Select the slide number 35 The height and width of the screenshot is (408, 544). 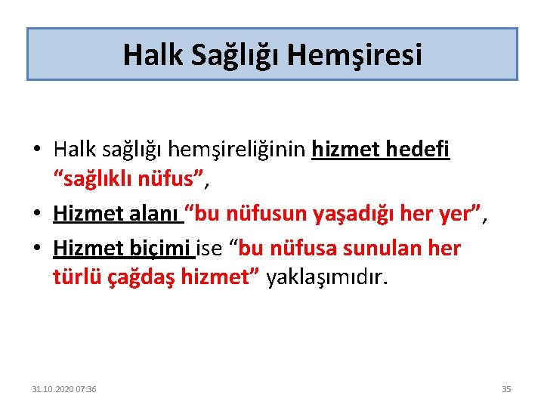506,389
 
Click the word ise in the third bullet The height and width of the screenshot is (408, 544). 212,249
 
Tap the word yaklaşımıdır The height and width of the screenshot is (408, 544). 326,277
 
